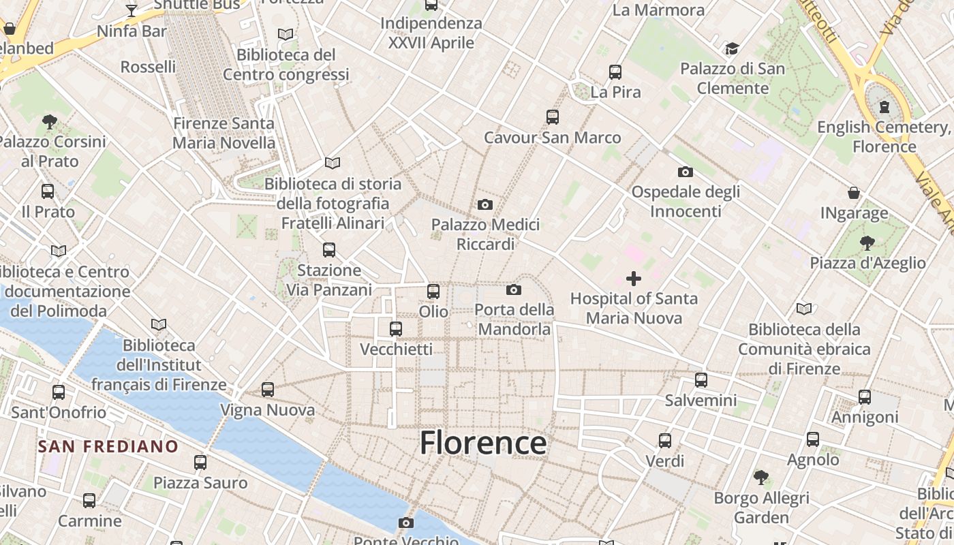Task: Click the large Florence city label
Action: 482,443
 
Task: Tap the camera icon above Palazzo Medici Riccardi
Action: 484,204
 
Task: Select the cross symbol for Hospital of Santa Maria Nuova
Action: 634,279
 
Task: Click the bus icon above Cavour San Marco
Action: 553,117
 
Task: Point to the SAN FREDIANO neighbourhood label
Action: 108,447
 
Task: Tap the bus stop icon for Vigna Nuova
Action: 268,390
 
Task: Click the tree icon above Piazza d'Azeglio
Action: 867,243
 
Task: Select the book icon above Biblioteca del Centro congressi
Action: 286,34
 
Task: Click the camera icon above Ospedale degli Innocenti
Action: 685,172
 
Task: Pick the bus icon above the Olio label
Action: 433,292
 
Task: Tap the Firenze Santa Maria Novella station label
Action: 224,134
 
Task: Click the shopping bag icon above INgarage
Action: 854,193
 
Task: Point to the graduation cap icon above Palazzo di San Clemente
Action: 732,48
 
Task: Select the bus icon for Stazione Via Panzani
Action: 329,250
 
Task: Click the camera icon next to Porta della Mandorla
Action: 514,290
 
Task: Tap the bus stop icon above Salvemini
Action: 701,380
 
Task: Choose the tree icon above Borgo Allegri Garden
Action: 761,478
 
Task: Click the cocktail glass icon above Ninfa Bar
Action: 132,11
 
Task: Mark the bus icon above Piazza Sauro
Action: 200,463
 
